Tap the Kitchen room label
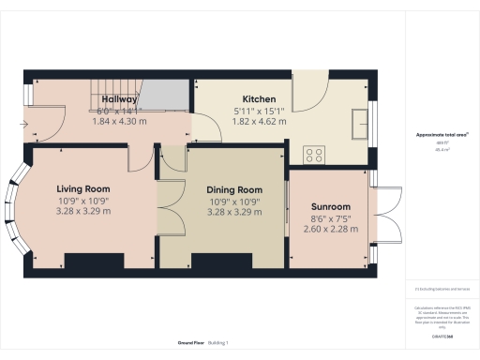point(259,98)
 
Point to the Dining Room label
point(234,189)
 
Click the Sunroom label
point(331,206)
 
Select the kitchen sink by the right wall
point(358,123)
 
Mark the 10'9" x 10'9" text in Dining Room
point(234,202)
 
